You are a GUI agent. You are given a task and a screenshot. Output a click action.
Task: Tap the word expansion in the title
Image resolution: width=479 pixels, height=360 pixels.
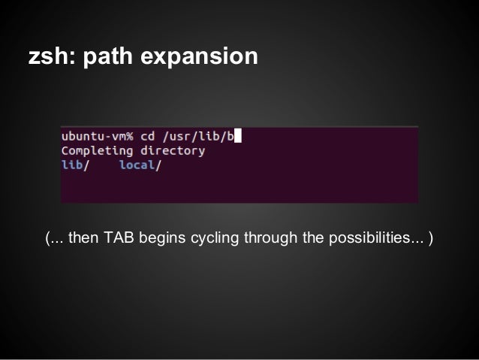[201, 57]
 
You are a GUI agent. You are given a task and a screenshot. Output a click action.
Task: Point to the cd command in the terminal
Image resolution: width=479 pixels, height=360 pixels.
[148, 136]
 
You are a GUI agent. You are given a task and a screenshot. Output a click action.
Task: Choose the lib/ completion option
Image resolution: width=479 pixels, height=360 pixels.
[74, 165]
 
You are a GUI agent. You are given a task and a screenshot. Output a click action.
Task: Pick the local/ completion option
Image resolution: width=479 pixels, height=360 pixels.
[140, 165]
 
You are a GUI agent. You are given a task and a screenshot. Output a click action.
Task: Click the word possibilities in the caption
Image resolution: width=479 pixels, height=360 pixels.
[363, 239]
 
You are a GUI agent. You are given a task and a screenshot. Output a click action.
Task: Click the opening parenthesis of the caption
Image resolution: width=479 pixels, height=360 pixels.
[47, 239]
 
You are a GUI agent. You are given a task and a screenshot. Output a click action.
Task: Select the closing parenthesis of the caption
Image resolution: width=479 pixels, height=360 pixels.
[431, 239]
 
